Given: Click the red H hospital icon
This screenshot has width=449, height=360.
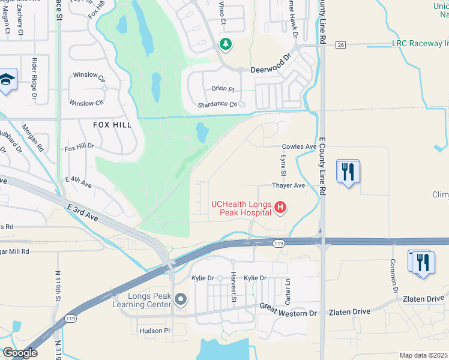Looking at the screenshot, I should pyautogui.click(x=279, y=208).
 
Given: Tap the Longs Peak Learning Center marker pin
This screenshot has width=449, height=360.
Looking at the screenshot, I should pyautogui.click(x=179, y=299).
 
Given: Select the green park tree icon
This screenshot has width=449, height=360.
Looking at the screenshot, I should pyautogui.click(x=226, y=44).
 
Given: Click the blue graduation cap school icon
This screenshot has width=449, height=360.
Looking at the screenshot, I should pyautogui.click(x=7, y=80).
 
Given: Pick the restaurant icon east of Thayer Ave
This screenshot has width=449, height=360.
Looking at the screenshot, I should pyautogui.click(x=348, y=172).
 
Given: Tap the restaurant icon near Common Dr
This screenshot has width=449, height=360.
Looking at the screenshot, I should pyautogui.click(x=423, y=262).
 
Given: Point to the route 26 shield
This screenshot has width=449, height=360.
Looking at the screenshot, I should pyautogui.click(x=341, y=44).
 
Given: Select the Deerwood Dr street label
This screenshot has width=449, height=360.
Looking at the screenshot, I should pyautogui.click(x=270, y=70).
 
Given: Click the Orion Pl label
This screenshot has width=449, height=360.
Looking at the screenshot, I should pyautogui.click(x=222, y=89).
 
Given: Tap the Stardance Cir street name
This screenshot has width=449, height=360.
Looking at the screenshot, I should pyautogui.click(x=218, y=104).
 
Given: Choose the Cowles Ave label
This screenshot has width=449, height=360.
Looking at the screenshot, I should pyautogui.click(x=299, y=146).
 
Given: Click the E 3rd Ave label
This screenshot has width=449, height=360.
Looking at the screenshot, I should pyautogui.click(x=83, y=212).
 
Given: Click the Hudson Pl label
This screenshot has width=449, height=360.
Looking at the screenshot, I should pyautogui.click(x=155, y=331).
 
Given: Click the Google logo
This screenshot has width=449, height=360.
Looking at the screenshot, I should pyautogui.click(x=20, y=353).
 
